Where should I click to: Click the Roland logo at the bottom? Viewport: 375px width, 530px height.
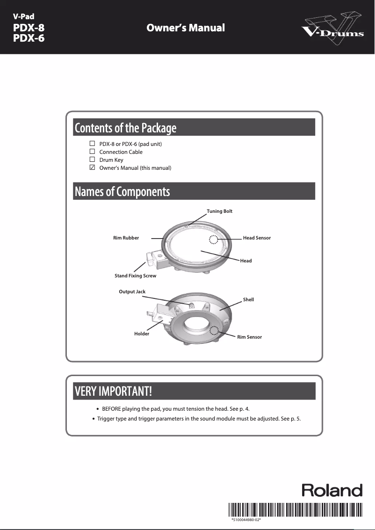(332, 490)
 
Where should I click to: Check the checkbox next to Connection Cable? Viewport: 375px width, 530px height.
(92, 152)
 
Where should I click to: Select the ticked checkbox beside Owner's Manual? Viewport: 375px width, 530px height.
(92, 167)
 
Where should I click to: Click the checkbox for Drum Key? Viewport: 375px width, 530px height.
(92, 160)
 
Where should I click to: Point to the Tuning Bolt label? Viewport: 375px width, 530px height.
(219, 211)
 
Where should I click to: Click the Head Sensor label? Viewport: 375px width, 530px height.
(257, 238)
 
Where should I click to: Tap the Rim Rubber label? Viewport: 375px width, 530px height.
(126, 238)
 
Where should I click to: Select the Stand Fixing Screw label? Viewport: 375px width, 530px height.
(135, 276)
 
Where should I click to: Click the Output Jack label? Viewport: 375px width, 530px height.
(132, 292)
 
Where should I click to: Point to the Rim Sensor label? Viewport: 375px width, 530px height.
(249, 337)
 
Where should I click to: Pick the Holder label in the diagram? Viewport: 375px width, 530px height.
(142, 334)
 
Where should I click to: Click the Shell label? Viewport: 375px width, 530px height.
(248, 300)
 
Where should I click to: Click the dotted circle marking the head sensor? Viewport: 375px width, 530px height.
(213, 240)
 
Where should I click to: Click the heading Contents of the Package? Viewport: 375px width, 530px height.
(125, 128)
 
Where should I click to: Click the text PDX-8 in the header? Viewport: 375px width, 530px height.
(29, 28)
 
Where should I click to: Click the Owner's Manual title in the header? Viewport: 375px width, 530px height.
(186, 28)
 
